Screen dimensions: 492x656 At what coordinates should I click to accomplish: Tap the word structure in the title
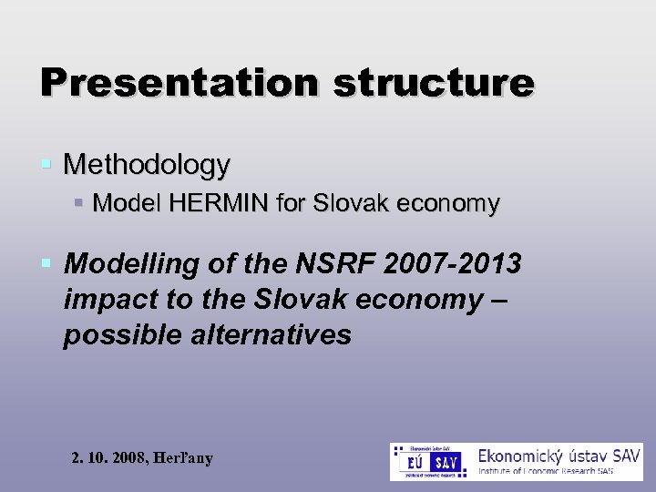click(x=433, y=82)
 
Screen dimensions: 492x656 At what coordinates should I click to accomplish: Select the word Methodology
click(x=147, y=165)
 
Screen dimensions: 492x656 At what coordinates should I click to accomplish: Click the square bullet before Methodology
click(x=46, y=165)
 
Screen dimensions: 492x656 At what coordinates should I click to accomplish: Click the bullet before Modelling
click(x=46, y=264)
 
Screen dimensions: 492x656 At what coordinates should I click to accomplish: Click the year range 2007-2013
click(x=461, y=264)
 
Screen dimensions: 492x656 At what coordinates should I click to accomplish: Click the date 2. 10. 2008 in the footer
click(x=108, y=458)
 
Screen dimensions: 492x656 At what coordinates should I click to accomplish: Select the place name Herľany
click(x=183, y=458)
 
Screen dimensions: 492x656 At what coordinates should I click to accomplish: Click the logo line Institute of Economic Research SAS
click(x=559, y=471)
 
